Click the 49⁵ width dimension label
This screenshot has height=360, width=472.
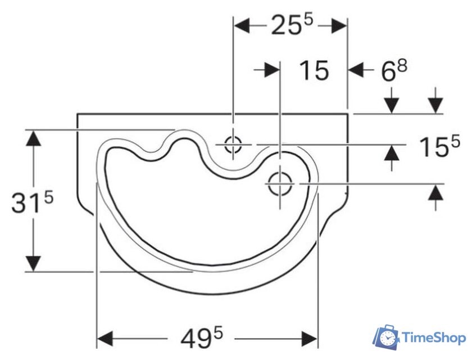[202, 337]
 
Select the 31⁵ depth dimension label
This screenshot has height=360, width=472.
[32, 202]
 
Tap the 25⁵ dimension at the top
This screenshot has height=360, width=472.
[292, 25]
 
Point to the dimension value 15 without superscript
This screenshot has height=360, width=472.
[314, 70]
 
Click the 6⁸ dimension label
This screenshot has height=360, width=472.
[394, 70]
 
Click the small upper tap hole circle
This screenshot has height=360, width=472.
[233, 145]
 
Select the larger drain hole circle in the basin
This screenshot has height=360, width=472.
[280, 183]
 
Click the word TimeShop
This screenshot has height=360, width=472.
[434, 338]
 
